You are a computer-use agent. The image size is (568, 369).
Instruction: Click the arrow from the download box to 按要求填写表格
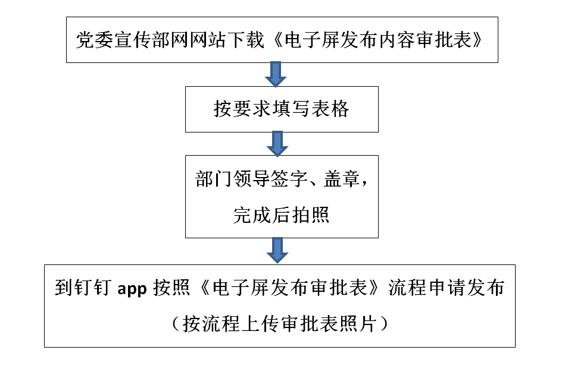[276, 74]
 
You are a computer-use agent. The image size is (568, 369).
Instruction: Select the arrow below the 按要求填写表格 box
[276, 143]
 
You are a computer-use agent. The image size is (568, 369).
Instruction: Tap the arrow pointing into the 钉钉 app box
[276, 250]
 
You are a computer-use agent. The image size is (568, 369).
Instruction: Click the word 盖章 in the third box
[341, 181]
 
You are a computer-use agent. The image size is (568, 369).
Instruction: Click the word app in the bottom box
[132, 288]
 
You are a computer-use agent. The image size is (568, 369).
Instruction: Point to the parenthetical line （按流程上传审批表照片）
[280, 323]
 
